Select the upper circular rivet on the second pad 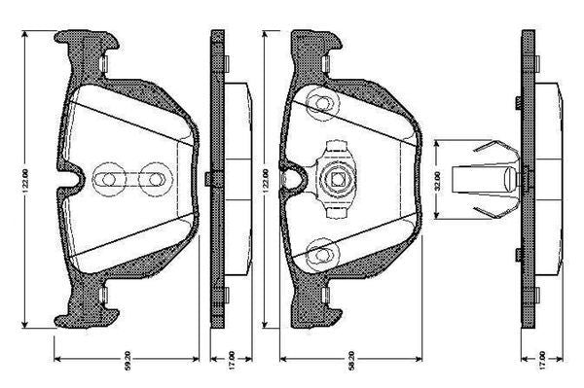(x=318, y=104)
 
